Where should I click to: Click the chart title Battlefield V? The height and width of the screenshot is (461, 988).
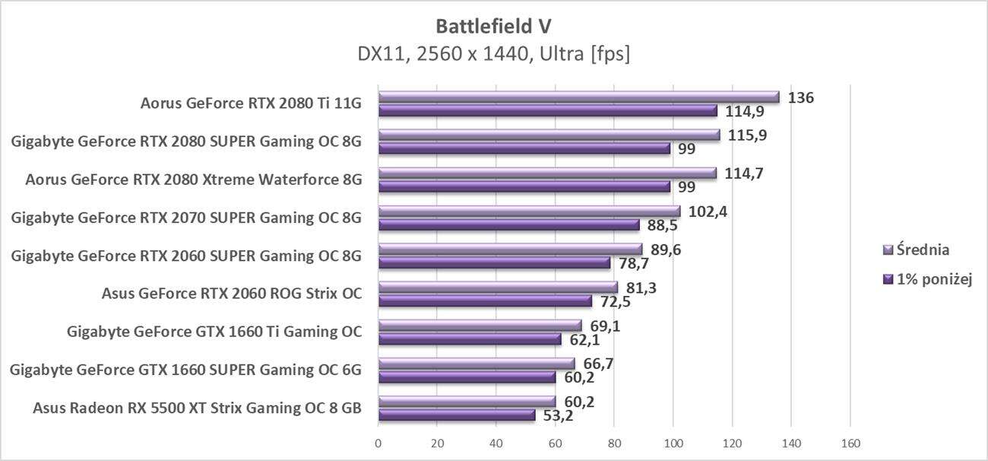pyautogui.click(x=493, y=26)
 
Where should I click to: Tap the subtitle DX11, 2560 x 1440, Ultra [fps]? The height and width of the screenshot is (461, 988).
pyautogui.click(x=493, y=55)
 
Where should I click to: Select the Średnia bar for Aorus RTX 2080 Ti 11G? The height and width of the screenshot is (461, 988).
pyautogui.click(x=578, y=97)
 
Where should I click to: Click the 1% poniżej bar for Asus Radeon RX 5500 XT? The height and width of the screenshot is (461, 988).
pyautogui.click(x=457, y=415)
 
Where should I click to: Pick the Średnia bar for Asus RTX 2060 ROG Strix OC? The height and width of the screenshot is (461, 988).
pyautogui.click(x=498, y=288)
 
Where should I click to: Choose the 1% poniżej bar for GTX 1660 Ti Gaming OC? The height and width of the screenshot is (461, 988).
pyautogui.click(x=470, y=339)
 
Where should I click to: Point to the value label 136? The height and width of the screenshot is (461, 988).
pyautogui.click(x=801, y=97)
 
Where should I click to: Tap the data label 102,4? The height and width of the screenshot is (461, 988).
pyautogui.click(x=708, y=211)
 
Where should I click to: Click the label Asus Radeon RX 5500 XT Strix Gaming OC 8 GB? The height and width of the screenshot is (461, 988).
pyautogui.click(x=197, y=409)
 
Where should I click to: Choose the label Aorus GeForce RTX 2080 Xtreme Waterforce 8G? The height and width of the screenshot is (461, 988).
pyautogui.click(x=193, y=180)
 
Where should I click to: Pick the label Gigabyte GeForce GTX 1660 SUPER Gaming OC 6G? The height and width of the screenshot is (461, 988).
pyautogui.click(x=185, y=370)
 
